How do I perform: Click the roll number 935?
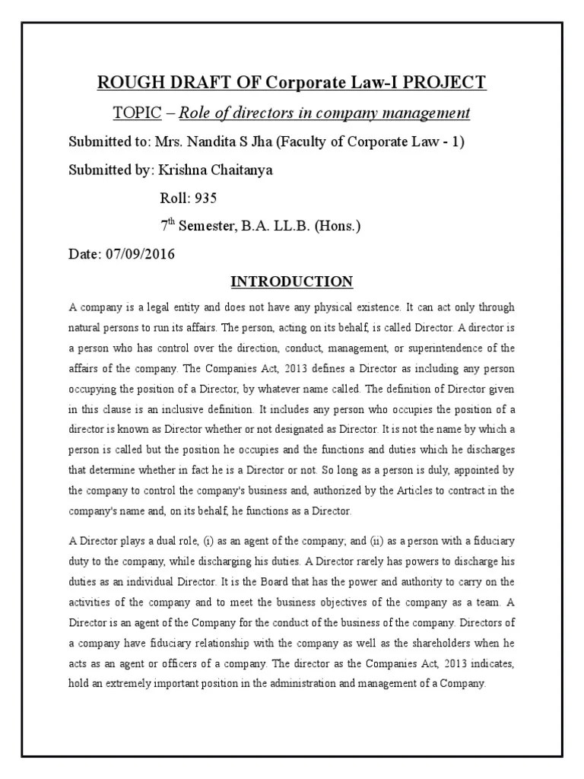tap(205, 198)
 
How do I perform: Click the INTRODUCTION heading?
tap(291, 282)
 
